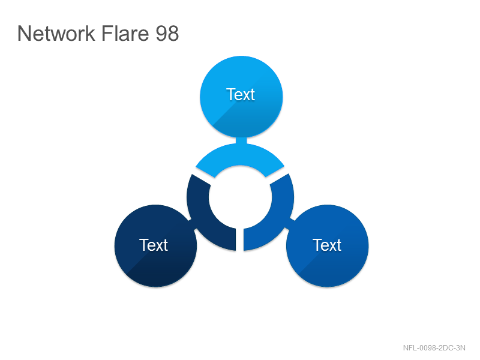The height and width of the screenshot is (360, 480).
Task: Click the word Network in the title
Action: (x=56, y=33)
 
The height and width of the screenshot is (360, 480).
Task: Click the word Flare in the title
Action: (x=125, y=33)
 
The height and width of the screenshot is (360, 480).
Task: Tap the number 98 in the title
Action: (x=167, y=33)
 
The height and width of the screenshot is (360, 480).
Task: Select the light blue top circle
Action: (x=241, y=97)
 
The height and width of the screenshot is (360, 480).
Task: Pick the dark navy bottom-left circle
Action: (x=155, y=246)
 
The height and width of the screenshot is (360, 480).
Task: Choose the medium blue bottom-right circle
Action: (x=327, y=246)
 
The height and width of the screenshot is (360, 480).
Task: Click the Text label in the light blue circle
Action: (x=241, y=94)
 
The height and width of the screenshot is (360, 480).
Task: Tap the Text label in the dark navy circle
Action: (x=154, y=245)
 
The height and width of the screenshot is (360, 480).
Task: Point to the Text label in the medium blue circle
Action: (x=327, y=245)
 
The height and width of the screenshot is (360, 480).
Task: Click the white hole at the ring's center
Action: (x=241, y=197)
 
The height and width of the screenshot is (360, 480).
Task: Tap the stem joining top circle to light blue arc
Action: (x=241, y=140)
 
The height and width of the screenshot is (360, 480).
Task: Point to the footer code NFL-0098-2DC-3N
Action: (x=434, y=348)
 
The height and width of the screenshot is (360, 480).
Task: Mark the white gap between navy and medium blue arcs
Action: (x=239, y=239)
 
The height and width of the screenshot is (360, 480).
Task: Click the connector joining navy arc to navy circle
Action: (x=192, y=224)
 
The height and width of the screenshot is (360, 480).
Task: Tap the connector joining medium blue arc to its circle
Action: (x=290, y=224)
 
